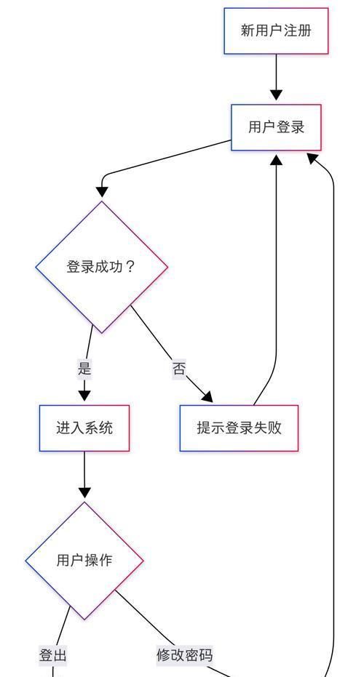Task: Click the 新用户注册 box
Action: click(x=276, y=31)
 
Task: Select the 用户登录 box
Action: click(x=276, y=127)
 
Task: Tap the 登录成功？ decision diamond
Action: click(x=102, y=267)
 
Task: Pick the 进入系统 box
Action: click(x=84, y=428)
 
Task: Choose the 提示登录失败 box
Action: click(x=239, y=428)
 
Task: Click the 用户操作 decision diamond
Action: click(x=84, y=561)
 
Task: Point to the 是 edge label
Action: click(x=84, y=369)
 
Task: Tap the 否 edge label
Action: click(x=179, y=369)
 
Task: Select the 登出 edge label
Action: click(x=52, y=655)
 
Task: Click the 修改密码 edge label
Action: click(x=185, y=655)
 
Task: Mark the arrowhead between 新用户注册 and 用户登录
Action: click(x=276, y=95)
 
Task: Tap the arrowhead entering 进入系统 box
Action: click(x=84, y=396)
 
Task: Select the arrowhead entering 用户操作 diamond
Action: click(x=84, y=492)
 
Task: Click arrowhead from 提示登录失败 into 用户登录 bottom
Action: click(x=276, y=160)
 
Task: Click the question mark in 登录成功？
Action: click(x=130, y=267)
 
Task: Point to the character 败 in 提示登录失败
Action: click(x=274, y=428)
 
